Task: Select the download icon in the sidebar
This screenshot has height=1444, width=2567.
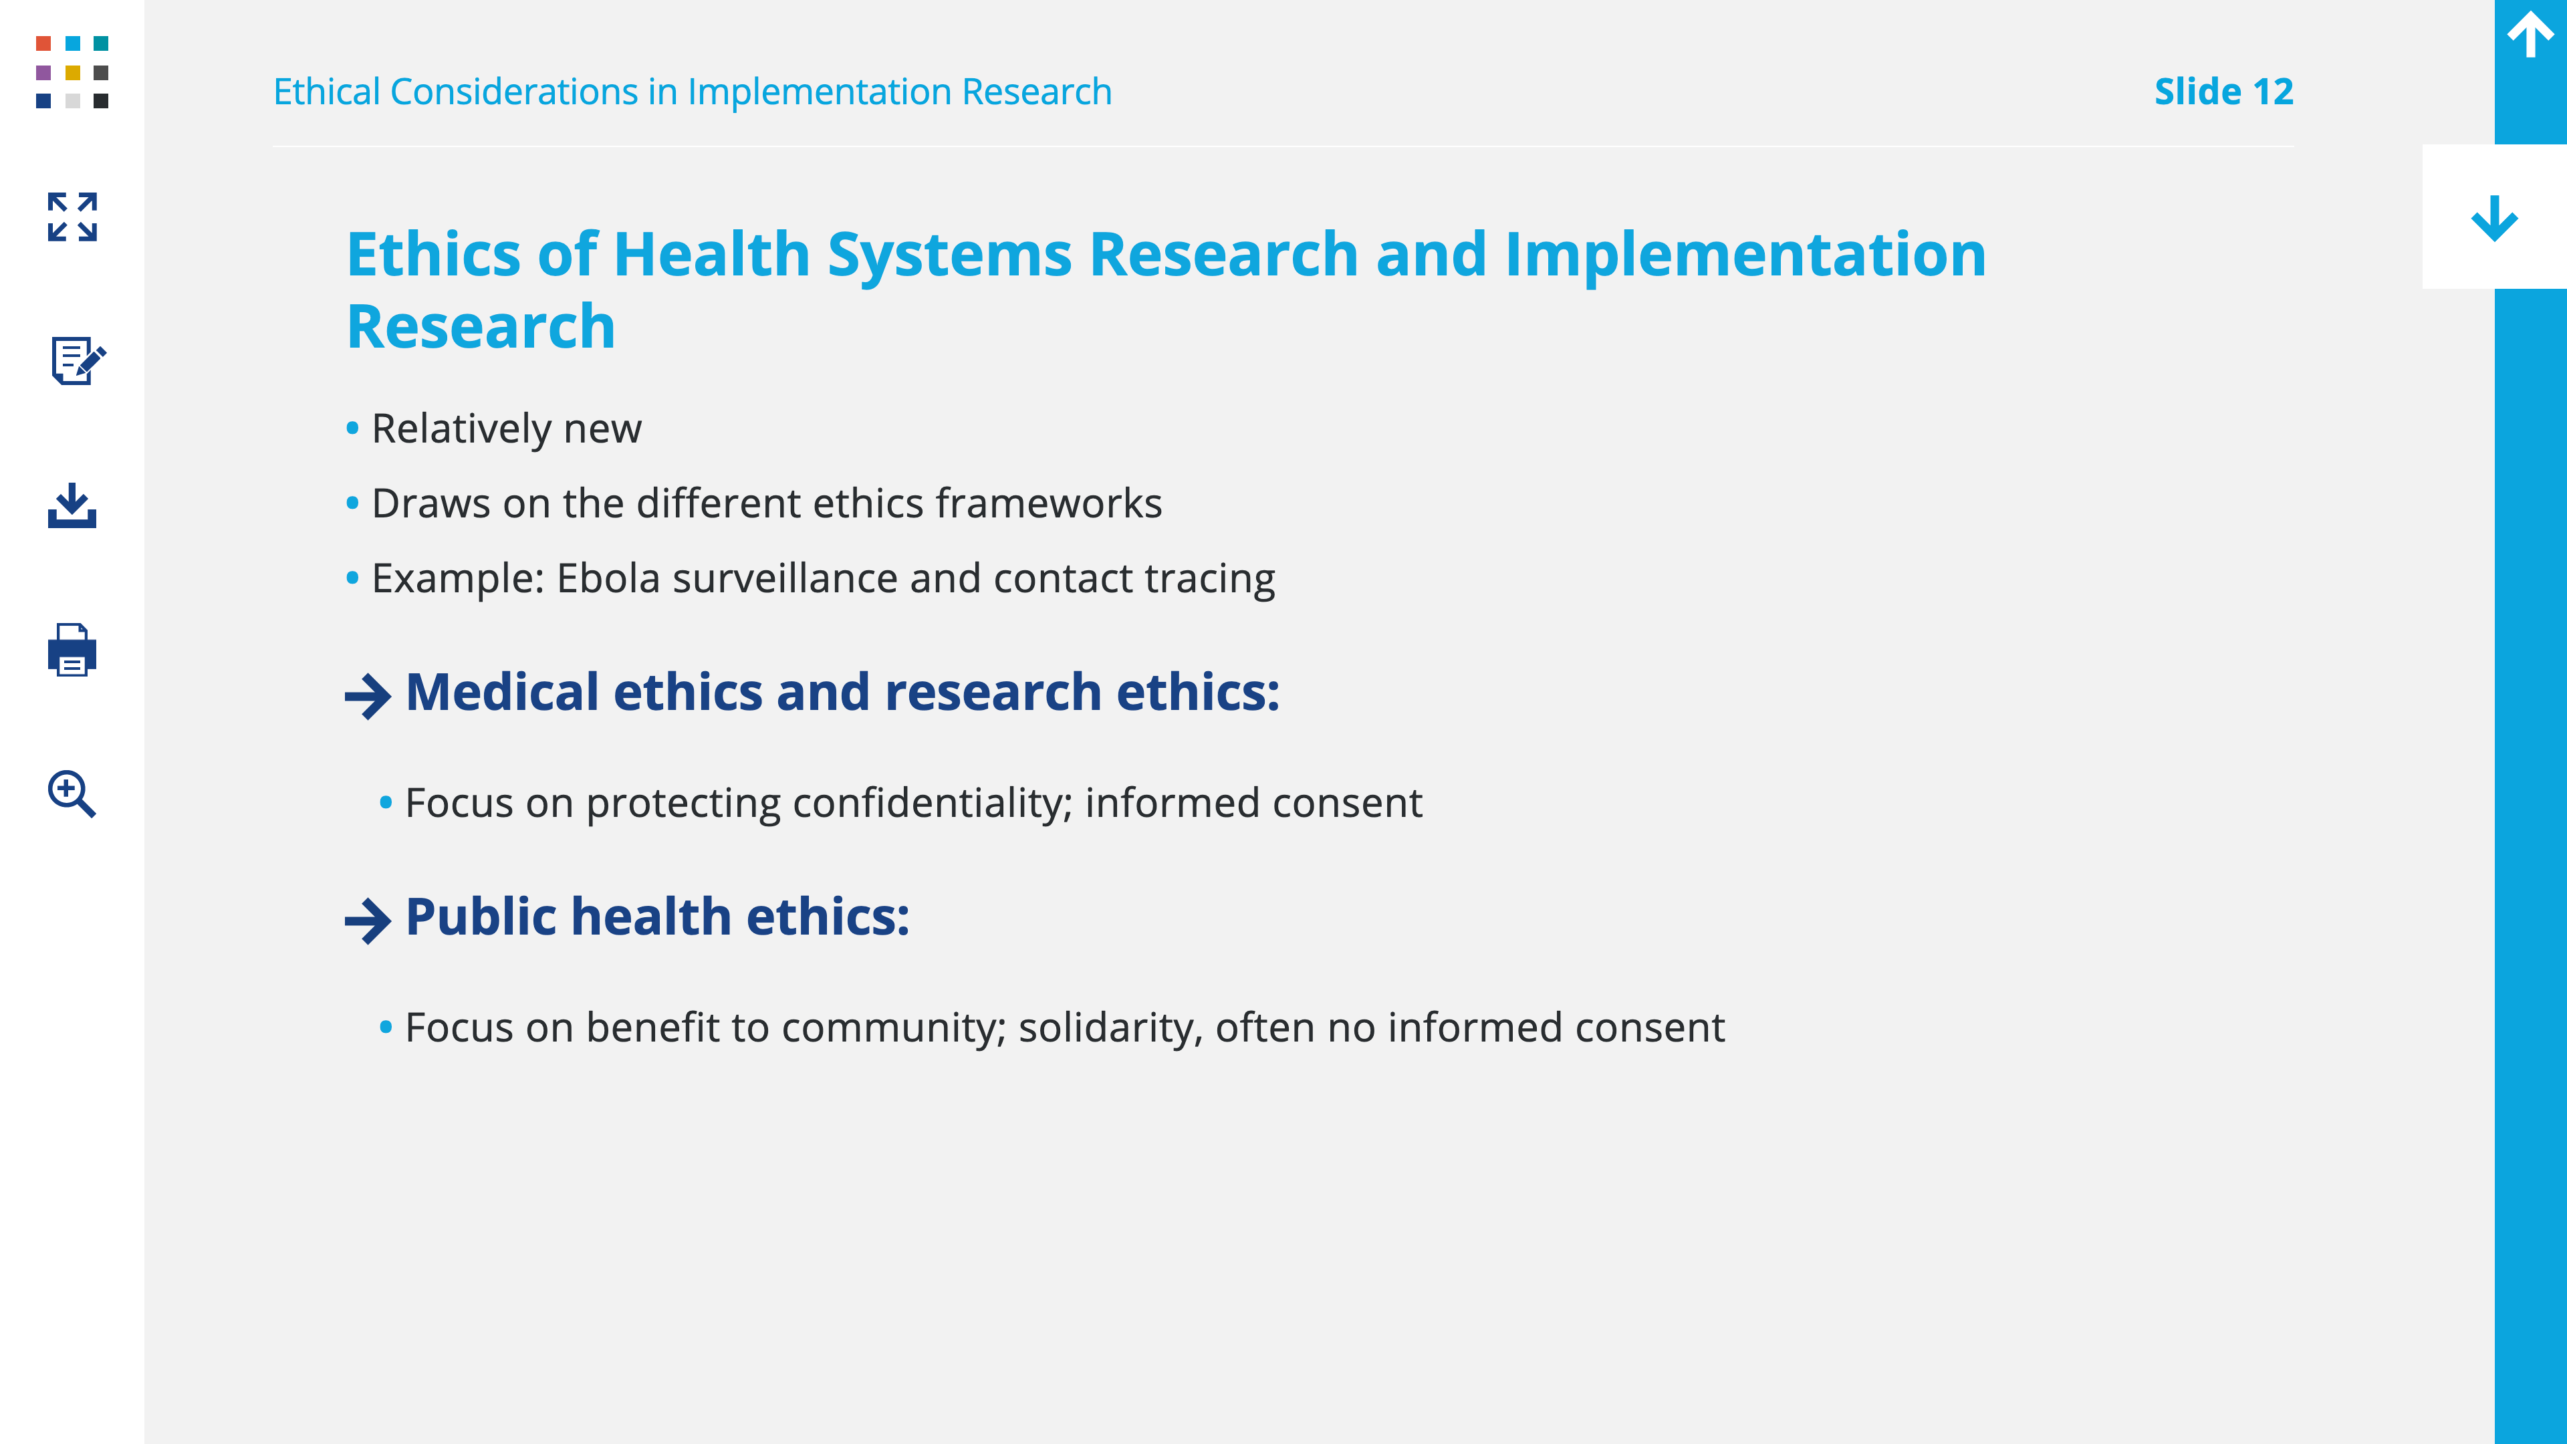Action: tap(72, 505)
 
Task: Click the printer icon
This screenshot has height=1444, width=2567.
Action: tap(72, 650)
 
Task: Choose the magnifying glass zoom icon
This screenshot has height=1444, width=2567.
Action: tap(72, 794)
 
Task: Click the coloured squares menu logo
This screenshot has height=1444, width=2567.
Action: tap(72, 72)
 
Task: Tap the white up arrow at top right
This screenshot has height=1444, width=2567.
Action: tap(2530, 34)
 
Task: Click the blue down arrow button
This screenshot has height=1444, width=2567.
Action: tap(2494, 217)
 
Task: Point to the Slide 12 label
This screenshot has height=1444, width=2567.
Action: tap(2223, 92)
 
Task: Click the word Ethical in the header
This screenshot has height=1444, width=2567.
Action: tap(327, 92)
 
